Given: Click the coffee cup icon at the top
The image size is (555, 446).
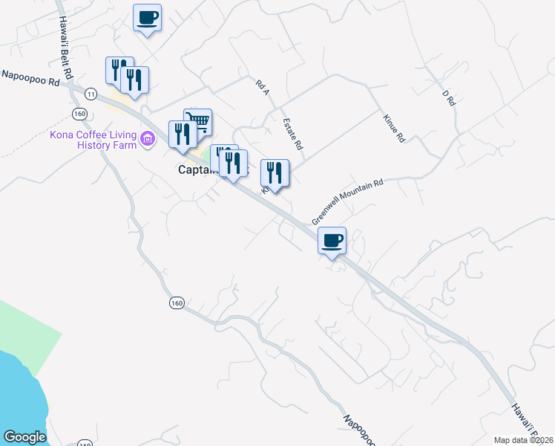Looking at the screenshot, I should pyautogui.click(x=147, y=16).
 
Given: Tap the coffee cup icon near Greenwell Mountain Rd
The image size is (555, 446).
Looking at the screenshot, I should pyautogui.click(x=332, y=240).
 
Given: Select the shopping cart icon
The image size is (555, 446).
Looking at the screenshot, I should pyautogui.click(x=198, y=121).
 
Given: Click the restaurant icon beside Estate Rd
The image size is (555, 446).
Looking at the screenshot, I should pyautogui.click(x=275, y=173).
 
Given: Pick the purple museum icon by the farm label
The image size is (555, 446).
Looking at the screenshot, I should pyautogui.click(x=148, y=138).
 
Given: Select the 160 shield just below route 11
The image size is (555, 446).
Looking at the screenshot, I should pyautogui.click(x=80, y=113).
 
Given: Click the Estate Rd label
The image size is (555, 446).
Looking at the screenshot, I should pyautogui.click(x=293, y=134).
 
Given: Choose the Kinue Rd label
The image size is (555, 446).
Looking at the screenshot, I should pyautogui.click(x=394, y=128).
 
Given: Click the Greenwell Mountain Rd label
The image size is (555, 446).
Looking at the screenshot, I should pyautogui.click(x=347, y=201).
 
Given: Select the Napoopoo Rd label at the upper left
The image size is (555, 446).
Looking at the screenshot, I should pyautogui.click(x=30, y=77).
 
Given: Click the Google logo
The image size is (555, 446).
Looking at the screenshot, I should pyautogui.click(x=24, y=437).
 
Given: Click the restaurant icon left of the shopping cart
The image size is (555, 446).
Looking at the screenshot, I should pyautogui.click(x=180, y=134).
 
